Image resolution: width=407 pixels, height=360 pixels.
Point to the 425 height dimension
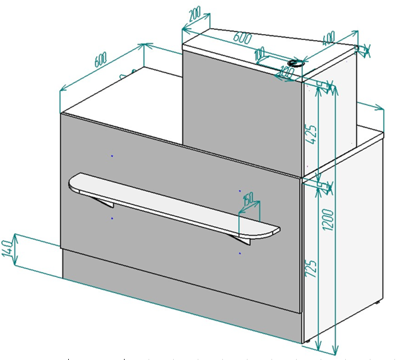311,131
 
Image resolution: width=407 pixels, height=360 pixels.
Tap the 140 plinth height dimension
7,249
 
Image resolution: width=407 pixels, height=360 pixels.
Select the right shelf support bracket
240,240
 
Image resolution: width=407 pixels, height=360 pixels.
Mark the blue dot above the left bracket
112,156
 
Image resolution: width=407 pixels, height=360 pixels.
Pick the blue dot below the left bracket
112,219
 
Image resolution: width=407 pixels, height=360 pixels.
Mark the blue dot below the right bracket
240,253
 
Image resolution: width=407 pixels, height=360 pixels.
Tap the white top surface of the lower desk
137,96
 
